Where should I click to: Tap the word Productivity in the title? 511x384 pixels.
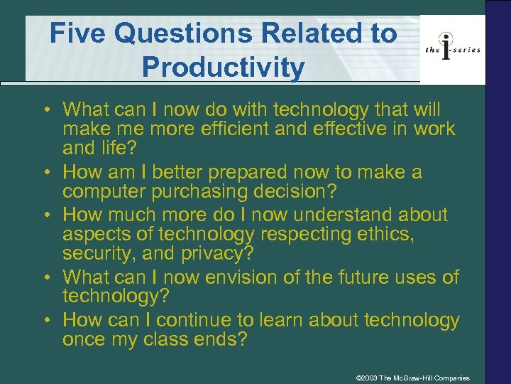click(x=224, y=68)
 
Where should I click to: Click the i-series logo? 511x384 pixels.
click(x=452, y=48)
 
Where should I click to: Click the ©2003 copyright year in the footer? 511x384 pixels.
click(x=366, y=377)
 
